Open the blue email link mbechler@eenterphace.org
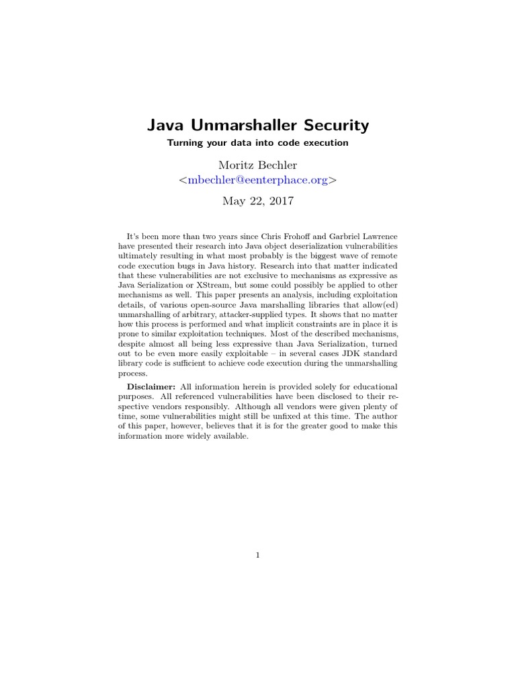click(258, 181)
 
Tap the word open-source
click(200, 304)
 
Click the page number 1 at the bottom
click(258, 555)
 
